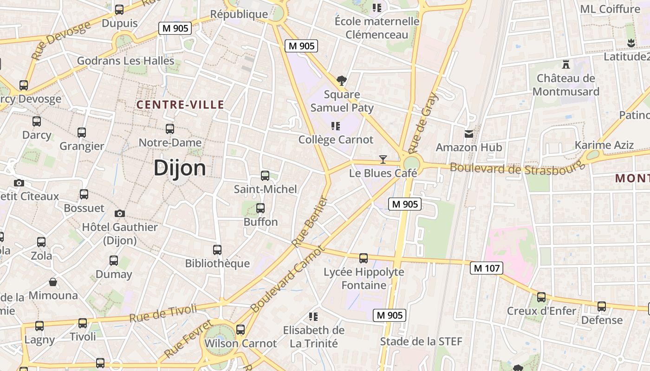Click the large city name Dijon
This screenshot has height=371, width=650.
point(180,168)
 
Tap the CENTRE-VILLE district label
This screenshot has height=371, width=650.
point(180,105)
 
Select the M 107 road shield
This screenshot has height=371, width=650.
point(486,268)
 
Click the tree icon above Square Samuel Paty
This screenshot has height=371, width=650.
point(342,81)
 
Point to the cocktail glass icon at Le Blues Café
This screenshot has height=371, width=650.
point(383,160)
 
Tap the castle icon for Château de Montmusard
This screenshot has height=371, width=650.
point(565,64)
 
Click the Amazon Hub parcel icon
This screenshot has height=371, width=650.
point(469,134)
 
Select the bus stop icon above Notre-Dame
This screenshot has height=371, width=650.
point(170,129)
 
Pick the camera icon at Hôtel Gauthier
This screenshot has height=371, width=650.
point(120,213)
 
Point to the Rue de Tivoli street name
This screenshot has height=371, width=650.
point(163,313)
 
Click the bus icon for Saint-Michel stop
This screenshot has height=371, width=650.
point(265,176)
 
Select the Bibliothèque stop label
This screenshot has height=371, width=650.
point(217,263)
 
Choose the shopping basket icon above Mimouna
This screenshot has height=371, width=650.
point(53,282)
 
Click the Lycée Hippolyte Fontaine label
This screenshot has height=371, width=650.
point(364,278)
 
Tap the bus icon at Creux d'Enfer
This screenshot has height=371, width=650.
point(541,297)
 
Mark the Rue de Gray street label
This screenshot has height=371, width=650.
point(423,123)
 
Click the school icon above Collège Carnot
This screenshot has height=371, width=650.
point(336,126)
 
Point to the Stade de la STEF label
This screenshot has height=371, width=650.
point(421,342)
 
